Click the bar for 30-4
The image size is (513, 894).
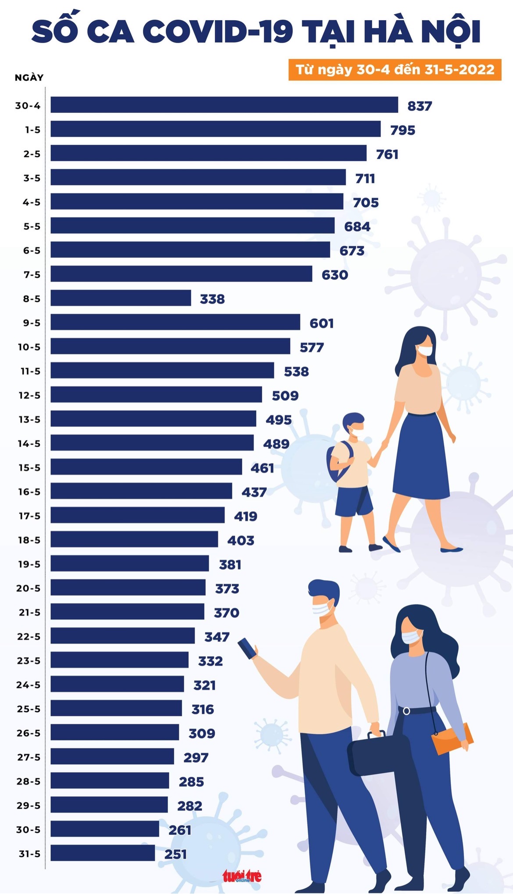pyautogui.click(x=224, y=105)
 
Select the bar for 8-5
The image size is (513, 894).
pyautogui.click(x=121, y=298)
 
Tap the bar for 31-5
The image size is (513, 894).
pyautogui.click(x=103, y=853)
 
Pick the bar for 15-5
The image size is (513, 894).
pyautogui.click(x=146, y=467)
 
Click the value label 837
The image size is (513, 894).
pyautogui.click(x=420, y=106)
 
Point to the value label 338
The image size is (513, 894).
pyautogui.click(x=212, y=299)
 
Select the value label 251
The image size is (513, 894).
pyautogui.click(x=175, y=854)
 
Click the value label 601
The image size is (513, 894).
pyautogui.click(x=321, y=323)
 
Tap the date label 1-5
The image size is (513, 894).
pyautogui.click(x=32, y=130)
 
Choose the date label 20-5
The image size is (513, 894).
pyautogui.click(x=28, y=588)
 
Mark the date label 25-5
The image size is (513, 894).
pyautogui.click(x=28, y=709)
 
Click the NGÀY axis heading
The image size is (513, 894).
pyautogui.click(x=29, y=78)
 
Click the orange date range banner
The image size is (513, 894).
pyautogui.click(x=395, y=70)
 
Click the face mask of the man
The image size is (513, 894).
pyautogui.click(x=323, y=608)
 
